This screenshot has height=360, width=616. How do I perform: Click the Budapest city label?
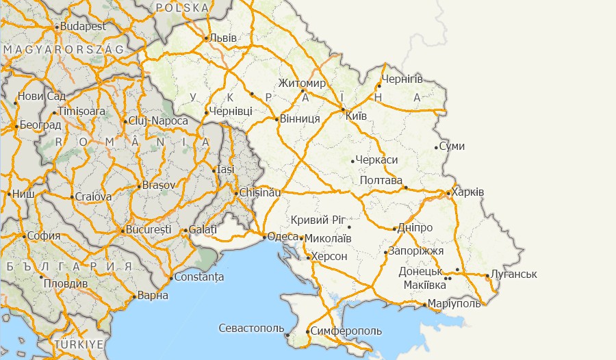tap(83, 26)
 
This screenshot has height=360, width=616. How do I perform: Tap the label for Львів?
tap(224, 38)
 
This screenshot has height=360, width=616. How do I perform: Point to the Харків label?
tap(469, 192)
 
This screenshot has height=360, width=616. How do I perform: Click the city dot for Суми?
tap(436, 147)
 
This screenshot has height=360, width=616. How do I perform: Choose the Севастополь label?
tap(251, 329)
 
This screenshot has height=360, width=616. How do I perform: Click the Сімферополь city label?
tap(346, 331)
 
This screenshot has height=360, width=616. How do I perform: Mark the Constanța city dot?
tap(170, 278)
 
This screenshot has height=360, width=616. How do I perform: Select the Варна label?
tap(153, 296)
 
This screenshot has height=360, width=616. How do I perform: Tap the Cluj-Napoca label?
tap(158, 121)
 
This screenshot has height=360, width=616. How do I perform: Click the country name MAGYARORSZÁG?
tap(63, 50)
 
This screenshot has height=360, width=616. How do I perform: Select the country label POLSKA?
tap(182, 8)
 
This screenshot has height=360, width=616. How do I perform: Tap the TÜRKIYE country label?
tap(79, 343)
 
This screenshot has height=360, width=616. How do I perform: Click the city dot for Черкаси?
tap(352, 162)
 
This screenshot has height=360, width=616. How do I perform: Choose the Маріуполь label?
tap(456, 304)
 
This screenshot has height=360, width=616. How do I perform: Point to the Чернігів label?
tap(404, 79)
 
